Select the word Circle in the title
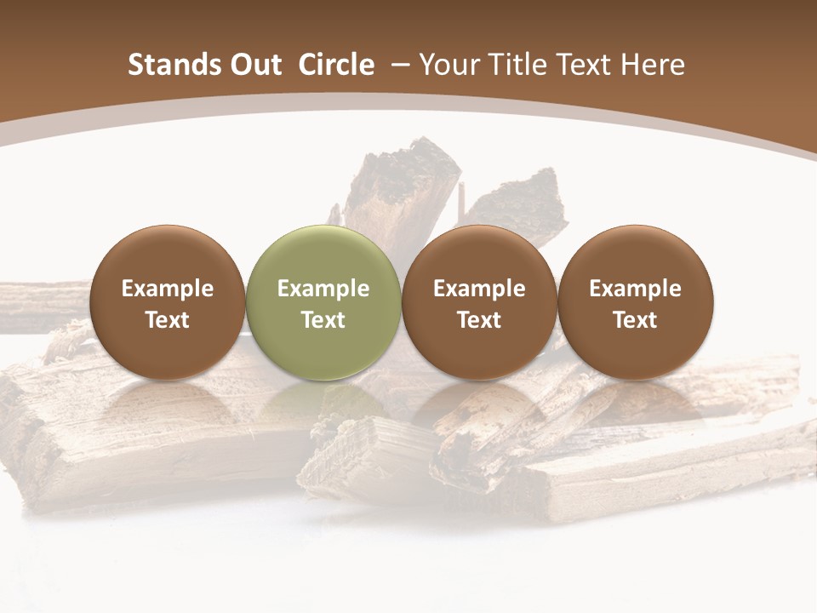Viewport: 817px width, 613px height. point(336,65)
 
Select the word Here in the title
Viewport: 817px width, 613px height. point(653,65)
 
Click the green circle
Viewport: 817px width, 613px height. point(323,302)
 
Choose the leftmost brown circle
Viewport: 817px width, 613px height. point(168,302)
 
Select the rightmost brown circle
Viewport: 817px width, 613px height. point(635,302)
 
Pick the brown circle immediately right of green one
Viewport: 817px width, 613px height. point(479,302)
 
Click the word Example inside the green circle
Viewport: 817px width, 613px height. point(323,289)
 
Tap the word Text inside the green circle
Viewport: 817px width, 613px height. point(323,320)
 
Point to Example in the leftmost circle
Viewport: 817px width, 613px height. point(168,289)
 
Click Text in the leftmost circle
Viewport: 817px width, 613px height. point(168,320)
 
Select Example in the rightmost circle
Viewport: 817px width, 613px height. point(635,289)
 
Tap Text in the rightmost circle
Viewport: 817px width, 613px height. point(635,320)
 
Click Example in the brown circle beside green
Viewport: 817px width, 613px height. point(479,289)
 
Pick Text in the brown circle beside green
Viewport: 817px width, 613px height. point(479,320)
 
